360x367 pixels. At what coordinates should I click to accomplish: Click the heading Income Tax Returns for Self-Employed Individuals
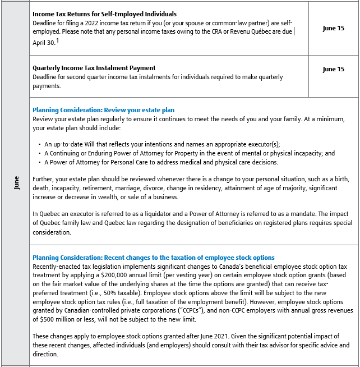coord(104,14)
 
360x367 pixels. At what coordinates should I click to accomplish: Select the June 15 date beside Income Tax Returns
coord(333,28)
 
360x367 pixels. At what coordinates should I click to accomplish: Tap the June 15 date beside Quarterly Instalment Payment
coord(333,70)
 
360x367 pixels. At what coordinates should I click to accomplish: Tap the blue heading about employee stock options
coord(154,258)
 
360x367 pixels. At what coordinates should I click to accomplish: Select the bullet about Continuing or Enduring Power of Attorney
coord(190,153)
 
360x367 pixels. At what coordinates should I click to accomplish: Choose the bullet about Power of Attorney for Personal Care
coord(161,162)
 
